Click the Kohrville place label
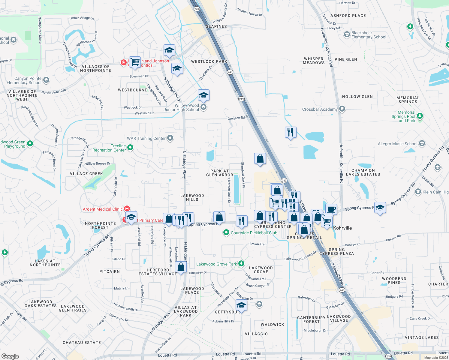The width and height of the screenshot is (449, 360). (342, 228)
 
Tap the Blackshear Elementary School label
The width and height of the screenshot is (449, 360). (369, 35)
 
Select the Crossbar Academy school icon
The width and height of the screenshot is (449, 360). (342, 109)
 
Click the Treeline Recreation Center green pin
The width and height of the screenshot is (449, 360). (130, 147)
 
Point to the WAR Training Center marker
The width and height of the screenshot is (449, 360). (170, 138)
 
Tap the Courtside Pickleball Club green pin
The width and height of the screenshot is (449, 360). (226, 232)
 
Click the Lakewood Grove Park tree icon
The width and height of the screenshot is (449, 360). (241, 264)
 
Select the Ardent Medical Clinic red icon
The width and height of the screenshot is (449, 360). (127, 208)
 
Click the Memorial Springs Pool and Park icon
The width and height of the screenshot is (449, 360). (420, 116)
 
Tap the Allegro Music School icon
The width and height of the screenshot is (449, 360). (422, 143)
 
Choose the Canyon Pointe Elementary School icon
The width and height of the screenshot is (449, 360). (46, 80)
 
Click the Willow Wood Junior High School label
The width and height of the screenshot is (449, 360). (181, 107)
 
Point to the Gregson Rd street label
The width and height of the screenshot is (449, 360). (236, 118)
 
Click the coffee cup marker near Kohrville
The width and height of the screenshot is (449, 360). (331, 209)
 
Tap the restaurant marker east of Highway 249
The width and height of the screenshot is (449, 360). (291, 132)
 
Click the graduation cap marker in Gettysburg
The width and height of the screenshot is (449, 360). (241, 305)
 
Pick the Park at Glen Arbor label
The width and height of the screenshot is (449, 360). (220, 173)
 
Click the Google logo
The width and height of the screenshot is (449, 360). (10, 356)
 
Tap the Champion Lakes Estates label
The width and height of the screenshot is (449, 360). (363, 172)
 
